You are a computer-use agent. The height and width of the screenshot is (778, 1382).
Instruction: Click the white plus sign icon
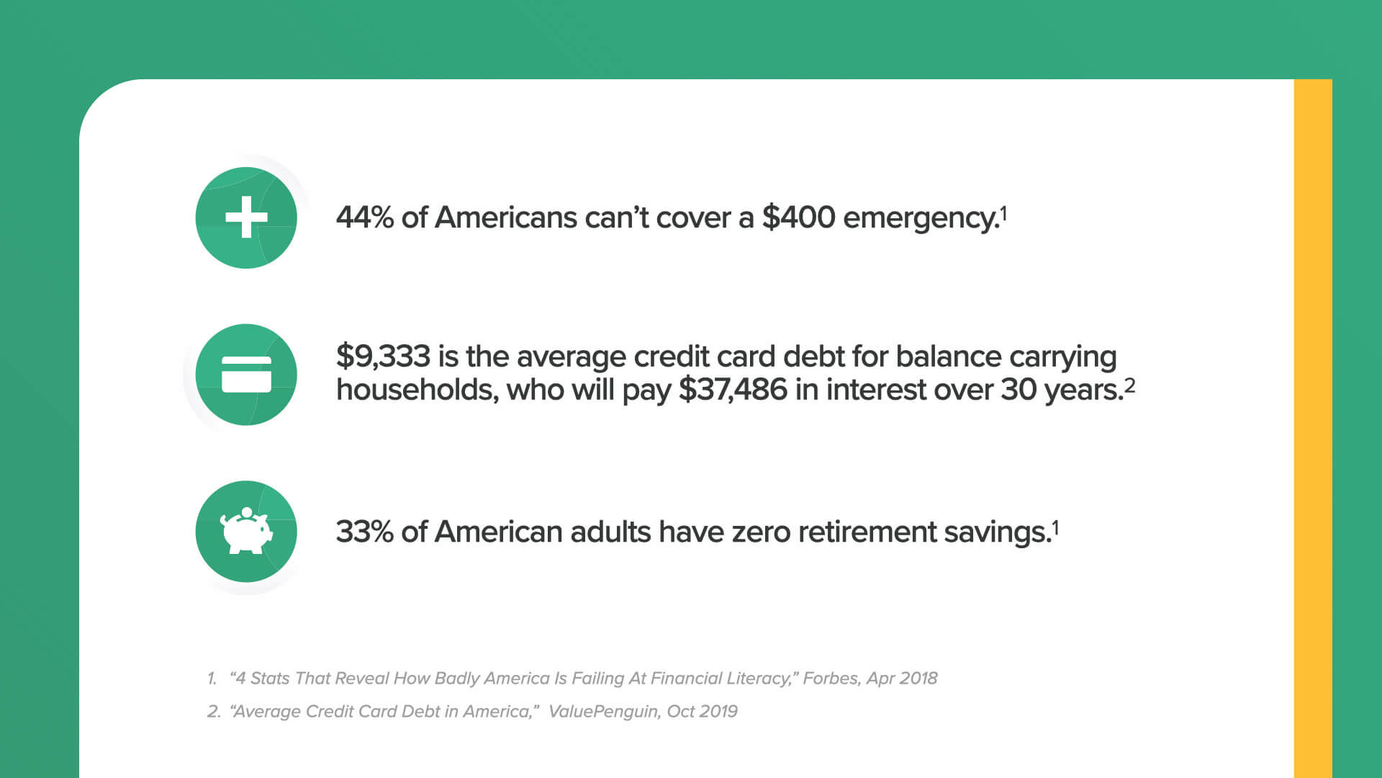[x=246, y=217]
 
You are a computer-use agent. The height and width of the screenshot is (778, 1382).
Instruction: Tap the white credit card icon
[x=246, y=375]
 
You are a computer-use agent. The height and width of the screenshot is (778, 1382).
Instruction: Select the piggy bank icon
[x=246, y=531]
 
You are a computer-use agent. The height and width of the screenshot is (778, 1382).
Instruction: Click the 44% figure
[x=365, y=217]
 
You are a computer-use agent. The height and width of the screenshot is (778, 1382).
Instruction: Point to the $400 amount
[x=798, y=217]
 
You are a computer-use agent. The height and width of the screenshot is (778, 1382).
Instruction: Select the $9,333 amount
[x=383, y=356]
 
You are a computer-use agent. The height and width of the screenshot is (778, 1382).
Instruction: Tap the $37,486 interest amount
[x=733, y=390]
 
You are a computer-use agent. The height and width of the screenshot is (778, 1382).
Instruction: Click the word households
[x=417, y=390]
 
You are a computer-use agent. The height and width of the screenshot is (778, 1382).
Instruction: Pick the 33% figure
[x=365, y=532]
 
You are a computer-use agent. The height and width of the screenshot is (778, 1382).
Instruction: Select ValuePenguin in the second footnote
[x=604, y=712]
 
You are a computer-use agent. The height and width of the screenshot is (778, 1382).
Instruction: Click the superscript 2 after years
[x=1130, y=385]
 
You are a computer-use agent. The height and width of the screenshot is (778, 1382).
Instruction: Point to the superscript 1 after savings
[x=1055, y=528]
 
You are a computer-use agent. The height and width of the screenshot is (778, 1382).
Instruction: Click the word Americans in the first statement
[x=506, y=217]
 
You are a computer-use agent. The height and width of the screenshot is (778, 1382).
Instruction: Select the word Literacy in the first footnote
[x=760, y=679]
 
